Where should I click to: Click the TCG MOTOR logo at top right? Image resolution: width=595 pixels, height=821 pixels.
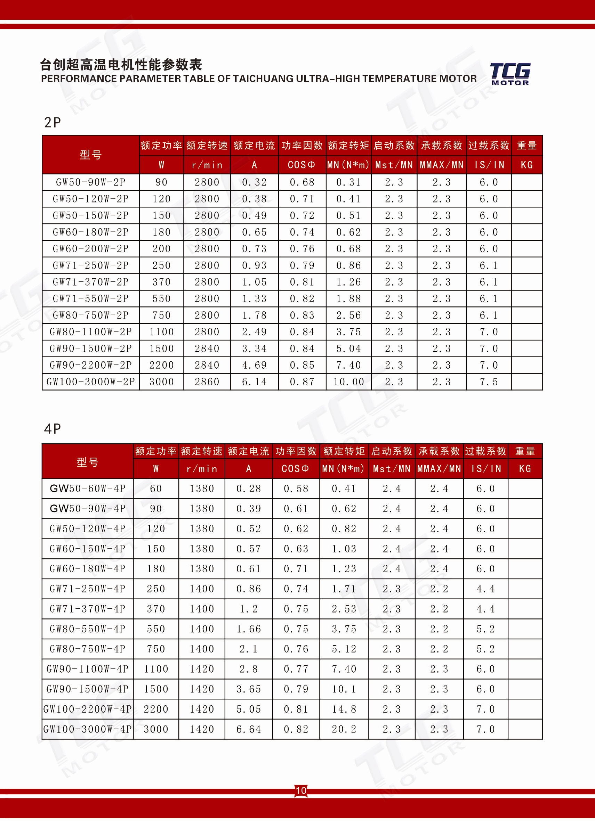pos(510,74)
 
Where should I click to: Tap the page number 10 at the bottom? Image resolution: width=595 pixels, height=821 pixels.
pos(301,790)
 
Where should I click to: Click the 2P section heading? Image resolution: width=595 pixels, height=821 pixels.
pos(53,123)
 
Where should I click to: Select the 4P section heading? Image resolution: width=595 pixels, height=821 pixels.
pos(53,429)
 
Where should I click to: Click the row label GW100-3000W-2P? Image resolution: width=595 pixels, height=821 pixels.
pos(91,382)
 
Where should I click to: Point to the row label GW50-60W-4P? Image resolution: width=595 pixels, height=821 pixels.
pos(88,489)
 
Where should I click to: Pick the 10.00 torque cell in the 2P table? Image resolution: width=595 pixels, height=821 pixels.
pos(348,382)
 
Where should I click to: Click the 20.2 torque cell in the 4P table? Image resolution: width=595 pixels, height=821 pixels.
pos(344,729)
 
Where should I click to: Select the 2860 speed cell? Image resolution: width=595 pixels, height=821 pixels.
pos(207,382)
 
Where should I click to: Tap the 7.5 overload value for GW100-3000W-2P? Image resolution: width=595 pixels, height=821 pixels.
pos(489,382)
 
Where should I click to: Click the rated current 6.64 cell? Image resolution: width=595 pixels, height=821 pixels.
pos(249,729)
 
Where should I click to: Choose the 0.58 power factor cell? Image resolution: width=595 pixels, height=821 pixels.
pos(296,489)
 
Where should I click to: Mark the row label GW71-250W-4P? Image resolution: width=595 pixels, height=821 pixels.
pos(88,589)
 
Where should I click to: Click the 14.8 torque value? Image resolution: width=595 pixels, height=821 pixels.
pos(344,709)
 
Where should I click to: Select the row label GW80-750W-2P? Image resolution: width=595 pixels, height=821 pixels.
pos(91,315)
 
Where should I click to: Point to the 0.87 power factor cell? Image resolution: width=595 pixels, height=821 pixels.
pos(302,382)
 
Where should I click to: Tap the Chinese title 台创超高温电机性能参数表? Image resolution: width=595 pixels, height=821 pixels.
pos(121,65)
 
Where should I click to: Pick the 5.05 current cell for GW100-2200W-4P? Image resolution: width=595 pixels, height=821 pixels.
pos(249,709)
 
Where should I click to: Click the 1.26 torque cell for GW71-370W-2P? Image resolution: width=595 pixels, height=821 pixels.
pos(348,282)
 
